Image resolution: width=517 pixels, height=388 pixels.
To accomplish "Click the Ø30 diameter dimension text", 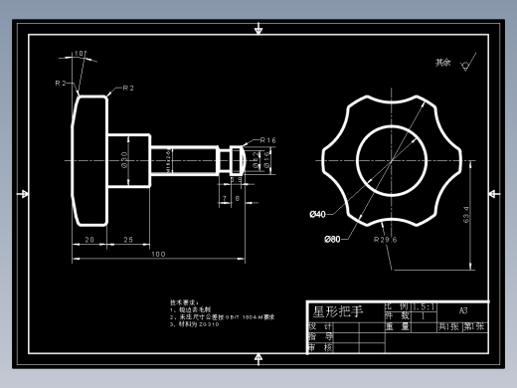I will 125,159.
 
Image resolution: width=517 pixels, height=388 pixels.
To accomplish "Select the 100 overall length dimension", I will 158,255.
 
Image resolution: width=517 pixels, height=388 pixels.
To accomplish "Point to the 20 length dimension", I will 88,240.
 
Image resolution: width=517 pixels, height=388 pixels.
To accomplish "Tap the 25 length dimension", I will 128,240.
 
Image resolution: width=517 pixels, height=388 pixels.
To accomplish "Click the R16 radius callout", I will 268,140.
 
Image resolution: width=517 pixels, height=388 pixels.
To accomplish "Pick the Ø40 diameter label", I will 318,214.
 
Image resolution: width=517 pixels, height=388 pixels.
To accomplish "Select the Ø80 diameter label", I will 332,239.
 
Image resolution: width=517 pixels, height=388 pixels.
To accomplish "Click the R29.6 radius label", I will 386,240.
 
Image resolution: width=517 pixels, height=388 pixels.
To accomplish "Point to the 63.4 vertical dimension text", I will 466,214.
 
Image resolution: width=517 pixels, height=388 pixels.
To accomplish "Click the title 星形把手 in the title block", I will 339,311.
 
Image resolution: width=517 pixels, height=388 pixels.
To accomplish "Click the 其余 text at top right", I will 442,62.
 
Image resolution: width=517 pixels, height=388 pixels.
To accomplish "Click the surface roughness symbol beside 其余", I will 465,64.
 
